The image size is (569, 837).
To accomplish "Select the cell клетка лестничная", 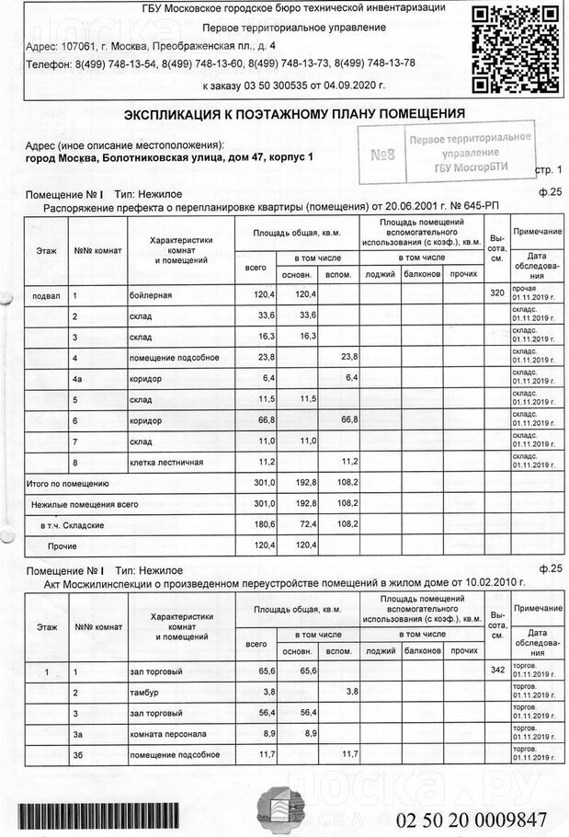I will tap(166, 461).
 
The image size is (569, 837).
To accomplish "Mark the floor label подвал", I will tap(46, 294).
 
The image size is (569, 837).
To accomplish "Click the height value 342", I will tap(497, 671).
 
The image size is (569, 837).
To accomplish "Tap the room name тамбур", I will tap(144, 692).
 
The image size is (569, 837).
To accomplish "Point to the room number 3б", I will tap(78, 754).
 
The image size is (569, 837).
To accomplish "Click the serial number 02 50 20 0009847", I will tap(472, 819).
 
